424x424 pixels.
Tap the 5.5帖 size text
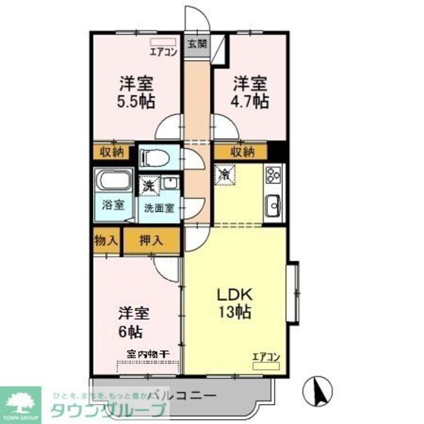pos(136,100)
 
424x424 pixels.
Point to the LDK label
pos(233,293)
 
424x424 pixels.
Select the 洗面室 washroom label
pos(159,208)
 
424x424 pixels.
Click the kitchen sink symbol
pos(273,206)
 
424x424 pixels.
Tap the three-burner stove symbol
pos(273,175)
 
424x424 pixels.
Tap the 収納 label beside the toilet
pos(112,151)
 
